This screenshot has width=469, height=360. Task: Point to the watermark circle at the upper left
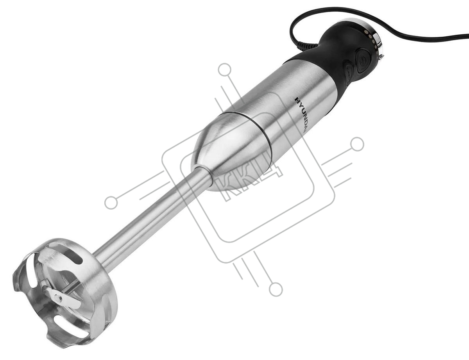point(225,70)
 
